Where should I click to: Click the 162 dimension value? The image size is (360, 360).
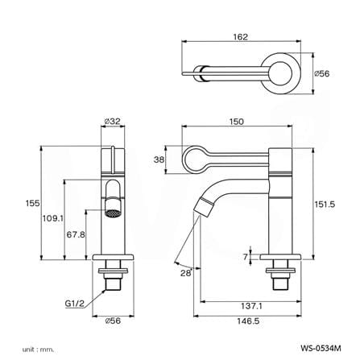click(240, 37)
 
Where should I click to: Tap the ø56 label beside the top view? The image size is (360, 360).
click(321, 73)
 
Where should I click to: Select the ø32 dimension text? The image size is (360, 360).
click(113, 122)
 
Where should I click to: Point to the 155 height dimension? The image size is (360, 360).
click(32, 203)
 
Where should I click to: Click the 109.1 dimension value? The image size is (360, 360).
click(53, 218)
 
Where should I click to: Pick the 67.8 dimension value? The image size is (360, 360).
click(76, 234)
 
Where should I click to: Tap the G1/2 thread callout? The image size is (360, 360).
click(75, 304)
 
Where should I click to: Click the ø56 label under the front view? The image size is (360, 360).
click(113, 321)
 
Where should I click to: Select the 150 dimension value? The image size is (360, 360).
click(237, 122)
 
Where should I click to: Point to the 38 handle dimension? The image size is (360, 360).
click(159, 160)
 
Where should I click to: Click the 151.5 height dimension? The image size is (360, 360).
click(325, 205)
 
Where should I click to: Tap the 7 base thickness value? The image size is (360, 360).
click(245, 257)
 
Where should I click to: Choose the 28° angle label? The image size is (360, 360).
click(186, 273)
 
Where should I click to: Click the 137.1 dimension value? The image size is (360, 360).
click(251, 306)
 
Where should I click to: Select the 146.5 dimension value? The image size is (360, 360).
click(248, 321)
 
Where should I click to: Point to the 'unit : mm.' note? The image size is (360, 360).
click(38, 350)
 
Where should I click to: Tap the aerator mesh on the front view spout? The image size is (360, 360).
click(113, 214)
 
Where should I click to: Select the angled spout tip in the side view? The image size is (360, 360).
click(205, 206)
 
